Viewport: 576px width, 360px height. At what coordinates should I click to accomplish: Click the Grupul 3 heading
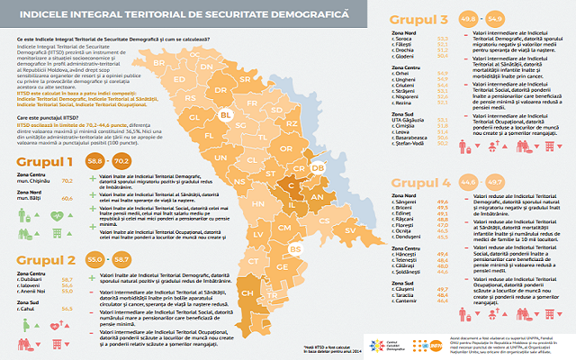pos(422,19)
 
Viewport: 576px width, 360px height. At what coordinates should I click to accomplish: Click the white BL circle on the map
pos(227,116)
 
